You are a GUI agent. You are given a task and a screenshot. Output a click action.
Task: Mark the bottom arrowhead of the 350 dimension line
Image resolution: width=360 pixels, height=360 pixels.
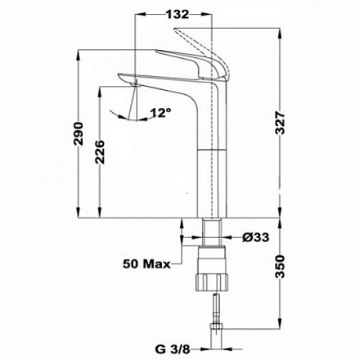click(280, 347)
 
